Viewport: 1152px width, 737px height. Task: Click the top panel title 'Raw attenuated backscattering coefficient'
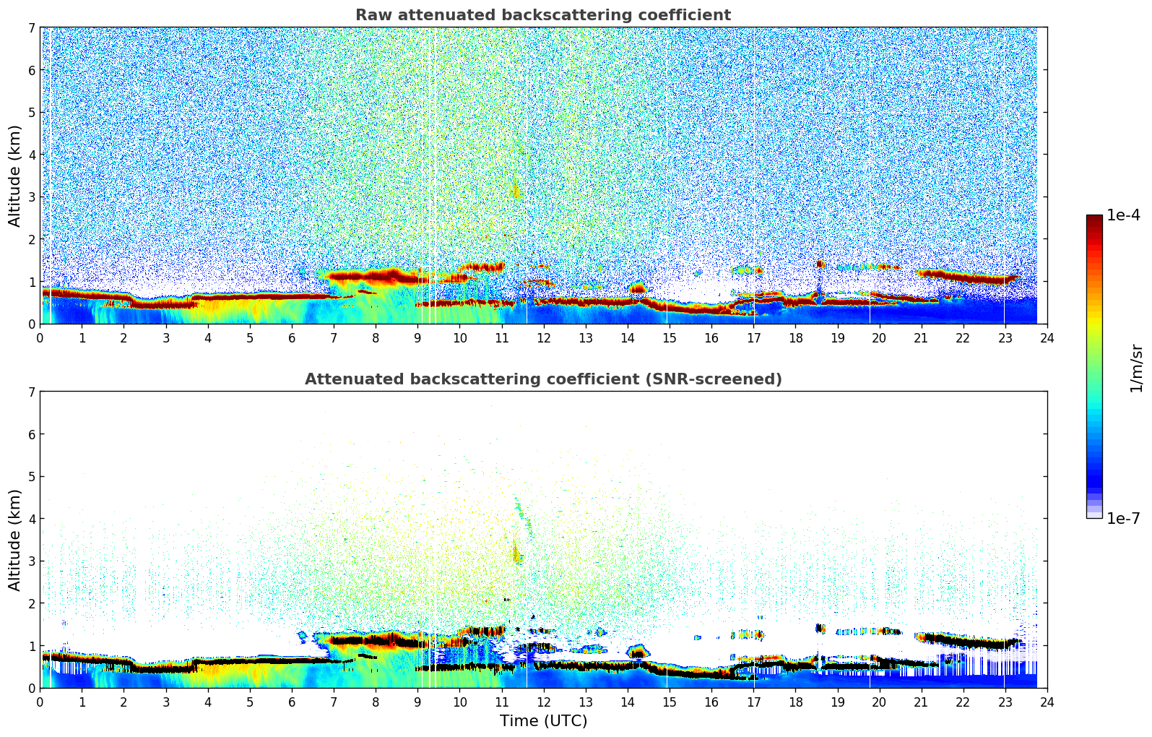(542, 15)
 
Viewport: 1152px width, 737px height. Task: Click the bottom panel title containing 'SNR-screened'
(542, 379)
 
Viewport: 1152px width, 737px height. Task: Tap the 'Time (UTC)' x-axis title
(543, 721)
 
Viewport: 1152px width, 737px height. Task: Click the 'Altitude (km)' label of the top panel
(15, 176)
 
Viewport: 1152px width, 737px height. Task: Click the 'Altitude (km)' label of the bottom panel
(15, 540)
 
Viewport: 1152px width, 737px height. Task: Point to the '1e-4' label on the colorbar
(1123, 215)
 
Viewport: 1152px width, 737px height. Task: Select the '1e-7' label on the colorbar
(1123, 518)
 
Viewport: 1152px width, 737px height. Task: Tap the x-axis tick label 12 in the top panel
(543, 338)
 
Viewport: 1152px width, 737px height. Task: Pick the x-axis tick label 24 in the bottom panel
(1047, 702)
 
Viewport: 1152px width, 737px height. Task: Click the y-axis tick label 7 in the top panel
(32, 28)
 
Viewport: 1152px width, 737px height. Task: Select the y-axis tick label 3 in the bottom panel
(32, 561)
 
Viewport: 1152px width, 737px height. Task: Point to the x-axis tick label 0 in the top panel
(40, 338)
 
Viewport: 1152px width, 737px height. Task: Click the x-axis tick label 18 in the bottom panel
(795, 702)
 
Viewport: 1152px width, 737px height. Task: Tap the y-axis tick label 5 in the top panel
(32, 113)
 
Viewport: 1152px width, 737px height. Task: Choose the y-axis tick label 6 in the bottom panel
(32, 434)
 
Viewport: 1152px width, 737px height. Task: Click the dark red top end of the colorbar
(1094, 218)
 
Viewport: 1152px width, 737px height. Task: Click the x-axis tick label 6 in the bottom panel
(292, 702)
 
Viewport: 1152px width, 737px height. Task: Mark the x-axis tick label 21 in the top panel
(921, 338)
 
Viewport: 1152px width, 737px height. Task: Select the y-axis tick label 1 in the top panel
(32, 282)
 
